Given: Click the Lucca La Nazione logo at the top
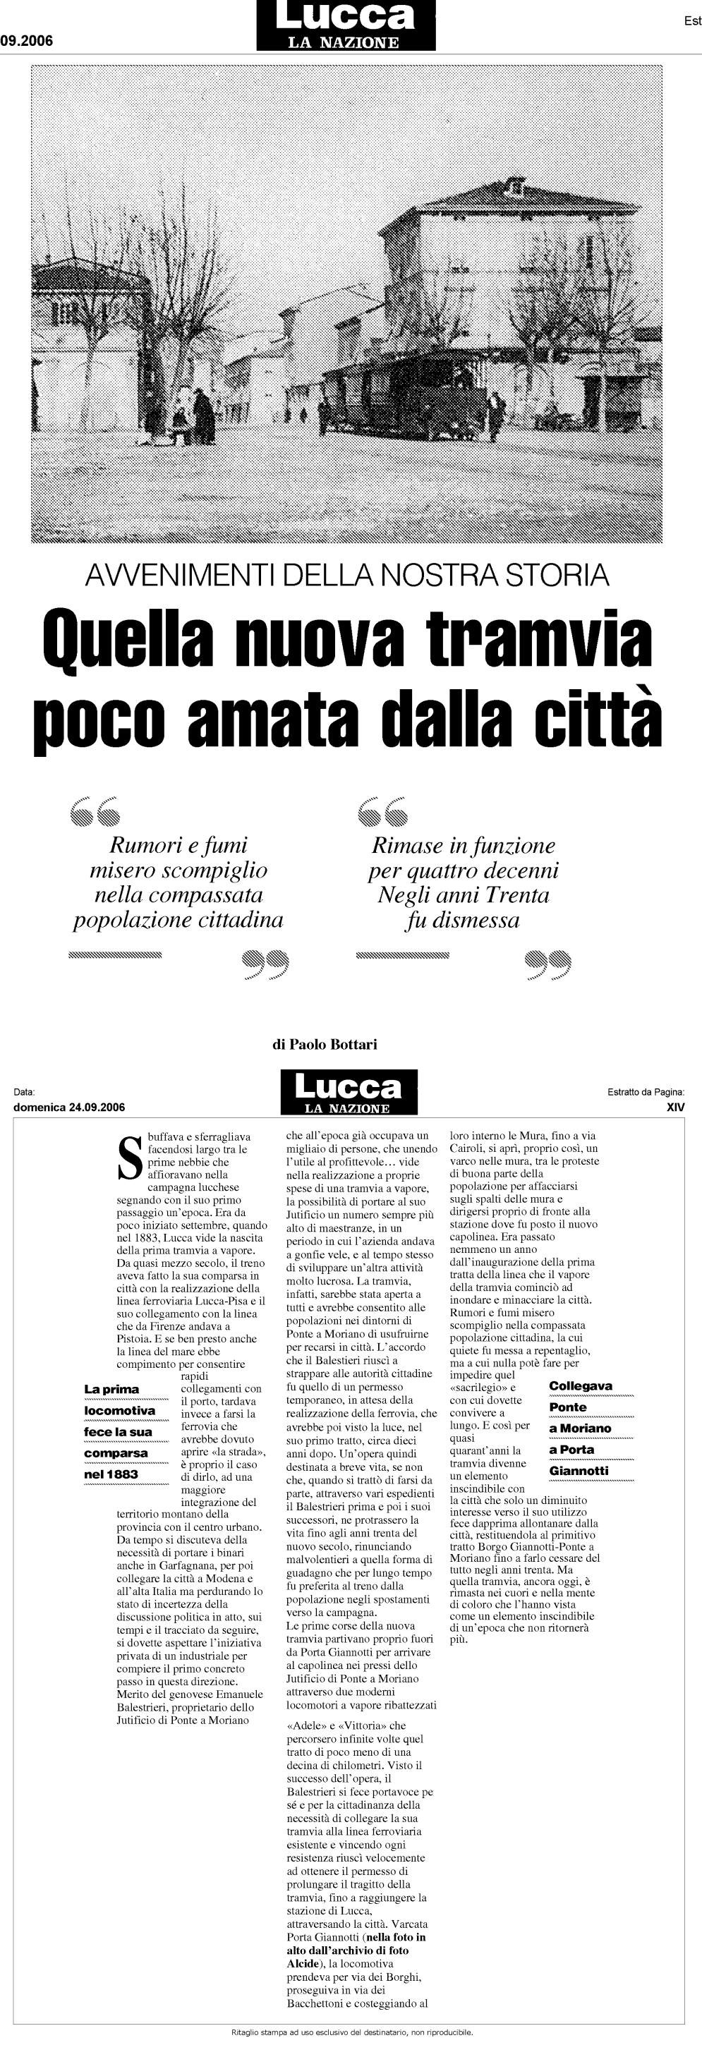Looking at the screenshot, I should pos(346,25).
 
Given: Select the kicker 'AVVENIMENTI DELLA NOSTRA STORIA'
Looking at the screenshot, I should pos(346,575).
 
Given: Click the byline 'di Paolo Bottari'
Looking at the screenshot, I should pos(325,1044).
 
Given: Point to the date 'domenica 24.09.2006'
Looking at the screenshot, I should pos(69,1107).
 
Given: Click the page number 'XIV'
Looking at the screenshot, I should pos(676,1107).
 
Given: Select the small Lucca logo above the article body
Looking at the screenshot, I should pos(349,1091).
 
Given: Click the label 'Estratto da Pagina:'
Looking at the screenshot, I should pos(646,1091).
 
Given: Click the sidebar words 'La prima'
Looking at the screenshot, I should pos(111,1390).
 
